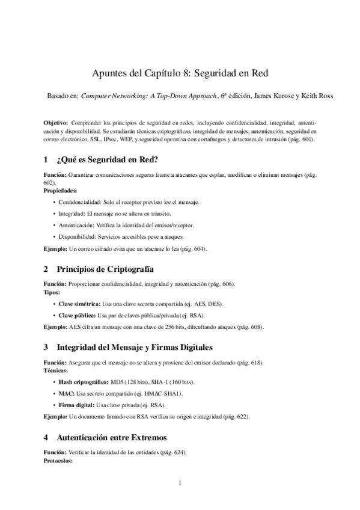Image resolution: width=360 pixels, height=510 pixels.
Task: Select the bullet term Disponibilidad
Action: (79, 236)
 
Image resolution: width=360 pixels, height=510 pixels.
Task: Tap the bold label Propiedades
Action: (60, 190)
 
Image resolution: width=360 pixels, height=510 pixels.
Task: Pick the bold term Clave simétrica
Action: (80, 304)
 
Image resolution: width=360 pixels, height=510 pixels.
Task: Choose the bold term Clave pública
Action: (77, 315)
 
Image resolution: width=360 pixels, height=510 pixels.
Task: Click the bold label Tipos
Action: (52, 292)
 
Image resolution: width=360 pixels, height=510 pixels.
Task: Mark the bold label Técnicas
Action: (57, 371)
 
